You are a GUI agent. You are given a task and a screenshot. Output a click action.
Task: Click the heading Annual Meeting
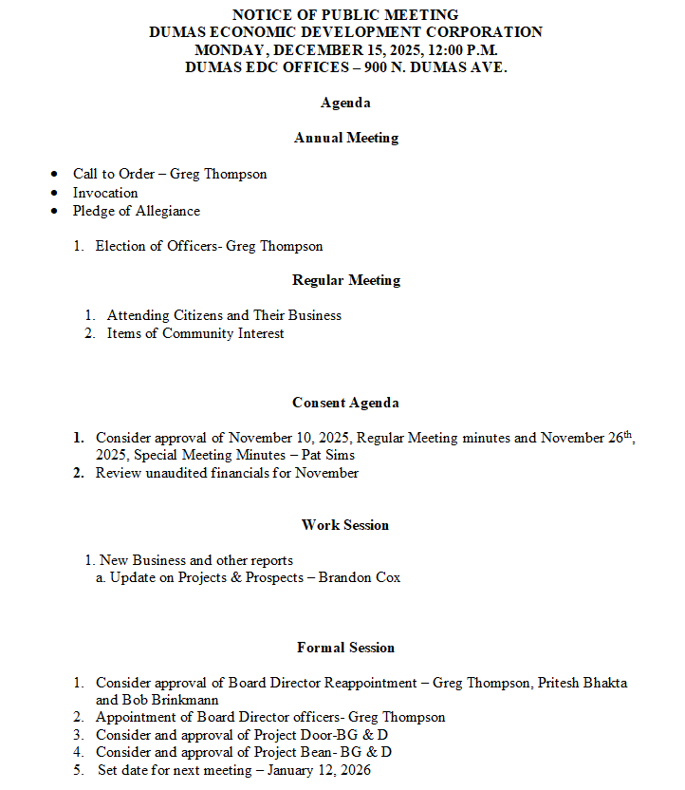pos(345,138)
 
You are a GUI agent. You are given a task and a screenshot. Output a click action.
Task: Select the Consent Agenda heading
pos(345,403)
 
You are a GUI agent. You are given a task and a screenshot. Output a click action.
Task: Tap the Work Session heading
pos(345,525)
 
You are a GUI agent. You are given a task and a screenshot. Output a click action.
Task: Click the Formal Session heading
pos(345,648)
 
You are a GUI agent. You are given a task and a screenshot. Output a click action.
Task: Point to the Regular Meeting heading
pos(345,280)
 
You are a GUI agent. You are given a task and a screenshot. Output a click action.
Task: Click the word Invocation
pos(105,193)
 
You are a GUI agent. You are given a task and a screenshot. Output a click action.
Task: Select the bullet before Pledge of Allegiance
pos(54,211)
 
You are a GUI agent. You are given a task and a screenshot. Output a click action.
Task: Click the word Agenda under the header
pos(345,103)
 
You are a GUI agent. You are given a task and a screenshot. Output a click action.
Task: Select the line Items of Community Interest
pos(195,333)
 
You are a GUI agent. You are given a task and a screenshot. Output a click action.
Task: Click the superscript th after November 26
pos(627,434)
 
